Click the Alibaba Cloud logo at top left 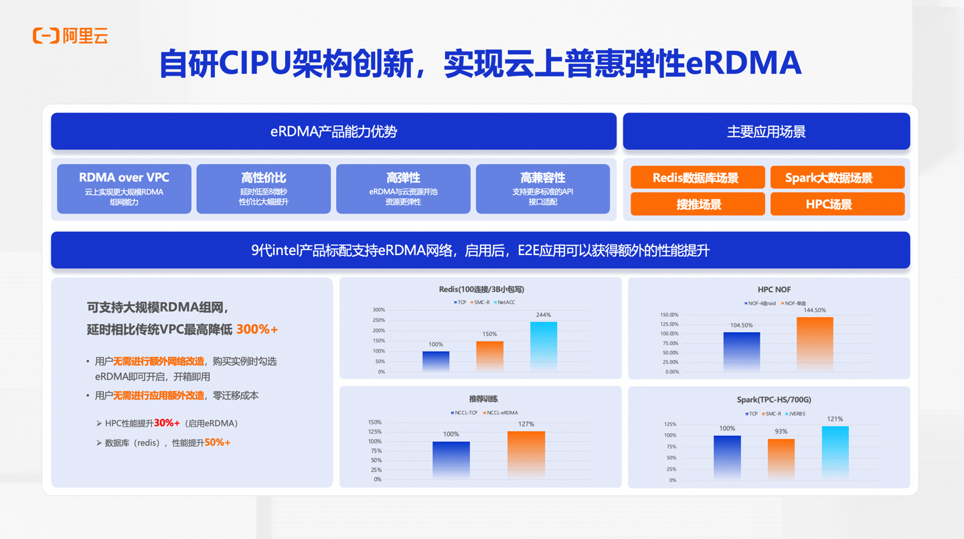click(x=70, y=35)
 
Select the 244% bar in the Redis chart click(x=544, y=345)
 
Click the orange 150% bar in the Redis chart click(x=489, y=356)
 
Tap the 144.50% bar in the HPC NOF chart click(x=815, y=343)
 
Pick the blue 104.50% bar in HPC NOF click(x=742, y=351)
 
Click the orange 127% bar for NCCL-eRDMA click(x=526, y=454)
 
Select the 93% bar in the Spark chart click(x=781, y=459)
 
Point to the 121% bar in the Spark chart click(x=835, y=452)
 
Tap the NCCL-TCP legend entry click(x=464, y=413)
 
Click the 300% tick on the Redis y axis click(x=379, y=310)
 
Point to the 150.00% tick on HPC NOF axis click(x=669, y=315)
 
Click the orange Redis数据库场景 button click(x=698, y=178)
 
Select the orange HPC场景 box click(x=837, y=204)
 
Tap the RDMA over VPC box click(x=124, y=189)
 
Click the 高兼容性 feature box click(x=542, y=189)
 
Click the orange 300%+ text click(x=256, y=329)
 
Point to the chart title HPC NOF click(x=774, y=289)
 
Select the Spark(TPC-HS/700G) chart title click(x=774, y=400)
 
